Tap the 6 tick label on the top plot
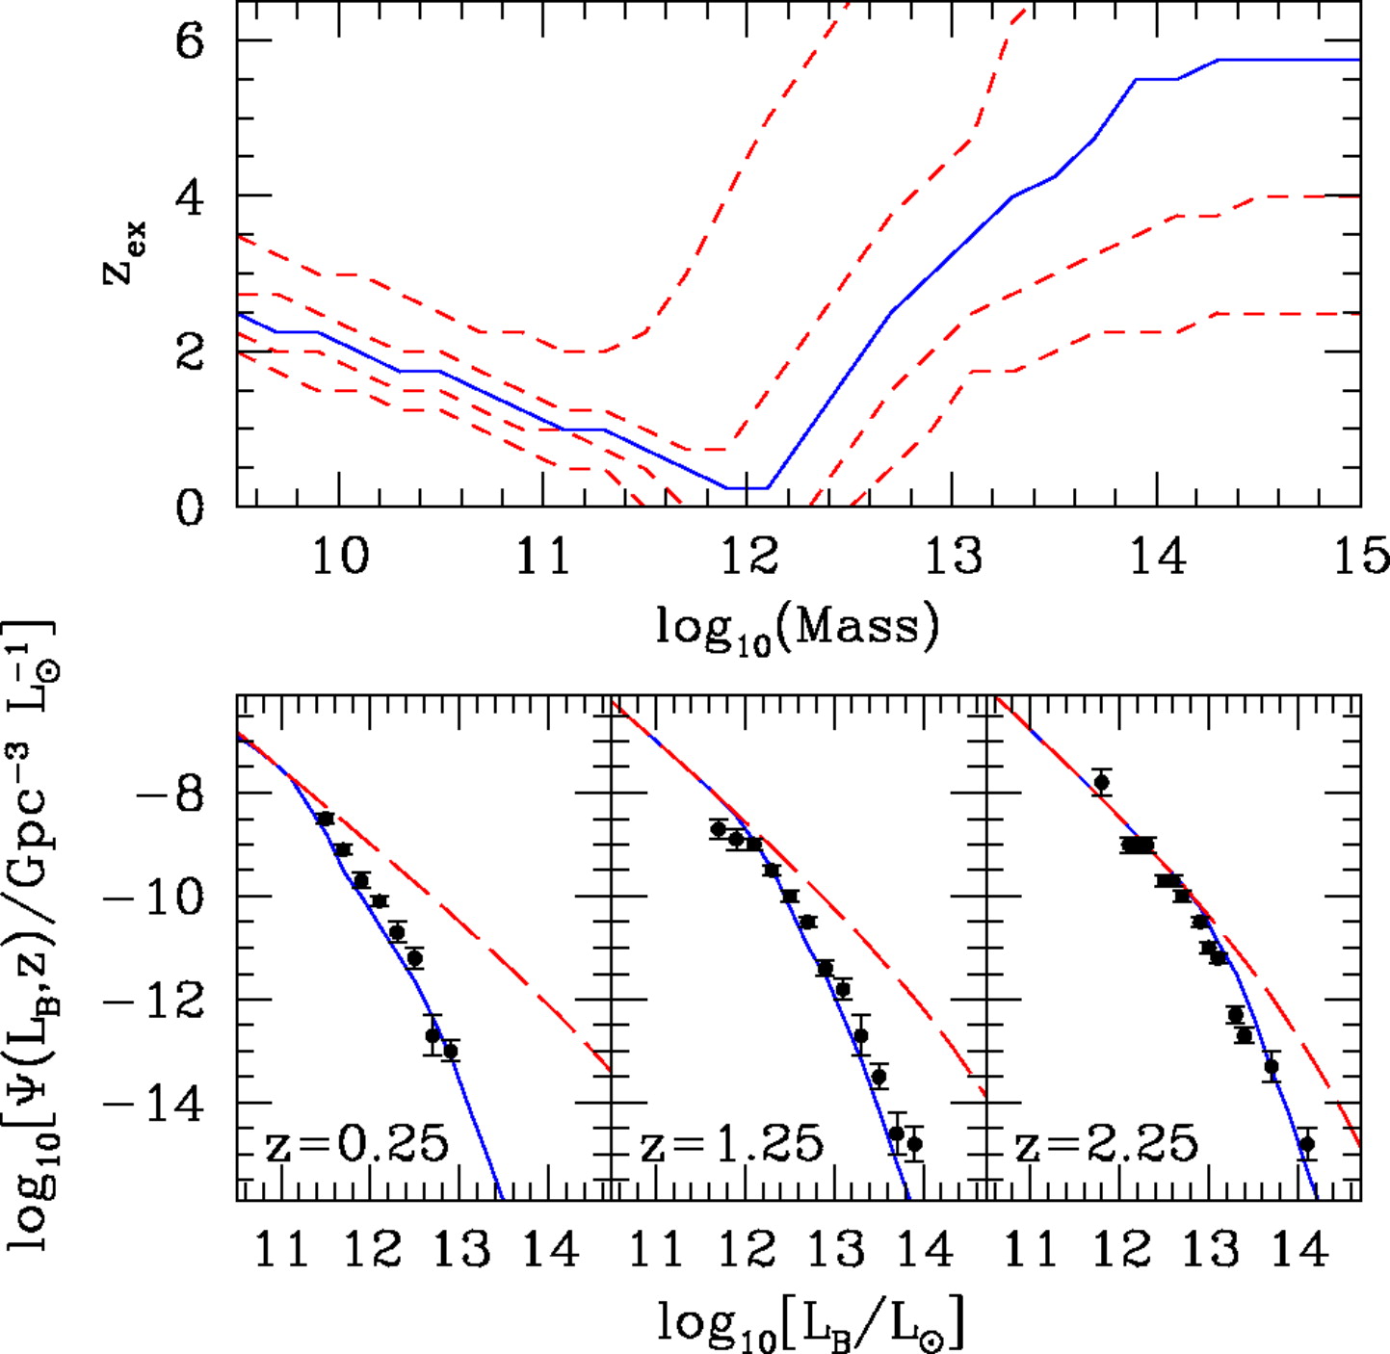tap(190, 41)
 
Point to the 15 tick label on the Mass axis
tap(1361, 557)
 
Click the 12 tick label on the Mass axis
tap(748, 557)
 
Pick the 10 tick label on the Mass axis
tap(340, 557)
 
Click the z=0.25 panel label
tap(356, 1145)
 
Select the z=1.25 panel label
tap(732, 1145)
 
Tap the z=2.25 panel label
tap(1106, 1145)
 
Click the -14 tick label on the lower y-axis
tap(156, 1104)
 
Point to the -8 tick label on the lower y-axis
tap(171, 794)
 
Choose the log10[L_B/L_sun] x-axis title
tap(811, 1324)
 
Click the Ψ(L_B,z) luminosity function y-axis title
tap(34, 934)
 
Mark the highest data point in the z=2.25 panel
tap(1102, 783)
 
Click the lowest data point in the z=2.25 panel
tap(1306, 1144)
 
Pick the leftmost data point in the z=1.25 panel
tap(719, 828)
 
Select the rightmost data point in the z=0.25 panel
tap(450, 1051)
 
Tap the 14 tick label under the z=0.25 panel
tap(550, 1250)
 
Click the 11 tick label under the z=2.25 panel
tap(1032, 1250)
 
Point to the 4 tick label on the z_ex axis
tap(190, 197)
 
